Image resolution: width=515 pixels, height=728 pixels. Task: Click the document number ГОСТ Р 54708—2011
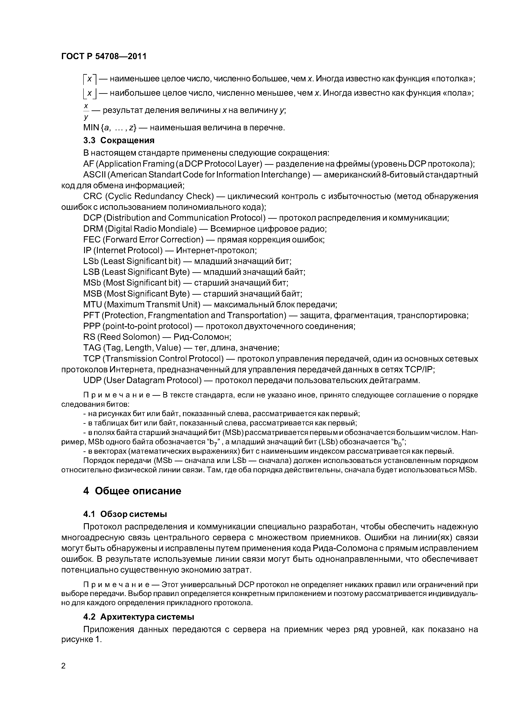coord(104,56)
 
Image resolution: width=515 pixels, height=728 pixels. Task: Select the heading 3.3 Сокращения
coord(119,140)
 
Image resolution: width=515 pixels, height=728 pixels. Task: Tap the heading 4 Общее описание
coord(132,491)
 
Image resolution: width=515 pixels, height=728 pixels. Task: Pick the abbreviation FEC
coord(92,239)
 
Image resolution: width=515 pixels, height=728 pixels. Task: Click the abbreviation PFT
coord(91,315)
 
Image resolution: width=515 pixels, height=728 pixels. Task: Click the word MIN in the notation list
coord(91,127)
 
